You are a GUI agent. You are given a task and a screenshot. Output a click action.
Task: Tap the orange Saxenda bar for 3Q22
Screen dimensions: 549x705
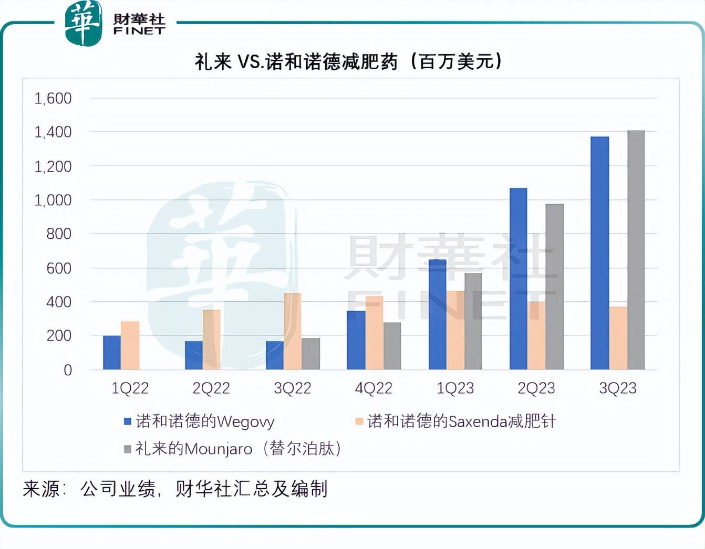coord(293,331)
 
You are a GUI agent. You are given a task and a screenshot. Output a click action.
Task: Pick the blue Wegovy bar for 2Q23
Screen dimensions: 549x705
coord(518,279)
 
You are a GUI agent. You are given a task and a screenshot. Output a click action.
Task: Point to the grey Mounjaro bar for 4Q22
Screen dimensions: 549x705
coord(392,346)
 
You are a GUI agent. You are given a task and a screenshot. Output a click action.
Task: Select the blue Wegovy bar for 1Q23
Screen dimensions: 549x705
coord(437,314)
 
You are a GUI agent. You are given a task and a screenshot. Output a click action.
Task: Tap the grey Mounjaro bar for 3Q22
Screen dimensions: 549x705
coord(310,354)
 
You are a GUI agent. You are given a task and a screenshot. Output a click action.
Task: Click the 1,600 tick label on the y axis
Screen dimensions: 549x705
coord(53,98)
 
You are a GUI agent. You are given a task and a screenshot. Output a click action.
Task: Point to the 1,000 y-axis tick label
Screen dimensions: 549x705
coord(53,200)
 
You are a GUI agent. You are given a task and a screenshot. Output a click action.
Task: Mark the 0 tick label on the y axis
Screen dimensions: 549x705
coord(68,370)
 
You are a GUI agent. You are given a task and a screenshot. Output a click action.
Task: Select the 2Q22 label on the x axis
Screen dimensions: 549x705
coord(211,388)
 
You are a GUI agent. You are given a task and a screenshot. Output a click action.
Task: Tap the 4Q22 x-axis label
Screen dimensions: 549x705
coord(374,388)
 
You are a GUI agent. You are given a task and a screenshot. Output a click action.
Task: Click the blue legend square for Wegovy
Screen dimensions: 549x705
coord(127,421)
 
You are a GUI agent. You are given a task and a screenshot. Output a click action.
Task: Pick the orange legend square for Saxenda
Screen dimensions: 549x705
coord(359,421)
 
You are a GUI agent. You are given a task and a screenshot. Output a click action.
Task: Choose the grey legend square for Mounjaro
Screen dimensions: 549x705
coord(127,449)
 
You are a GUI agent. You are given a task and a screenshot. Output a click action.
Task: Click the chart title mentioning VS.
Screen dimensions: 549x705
coord(348,62)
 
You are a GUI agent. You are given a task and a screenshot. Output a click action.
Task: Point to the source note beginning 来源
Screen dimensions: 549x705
coord(175,489)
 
